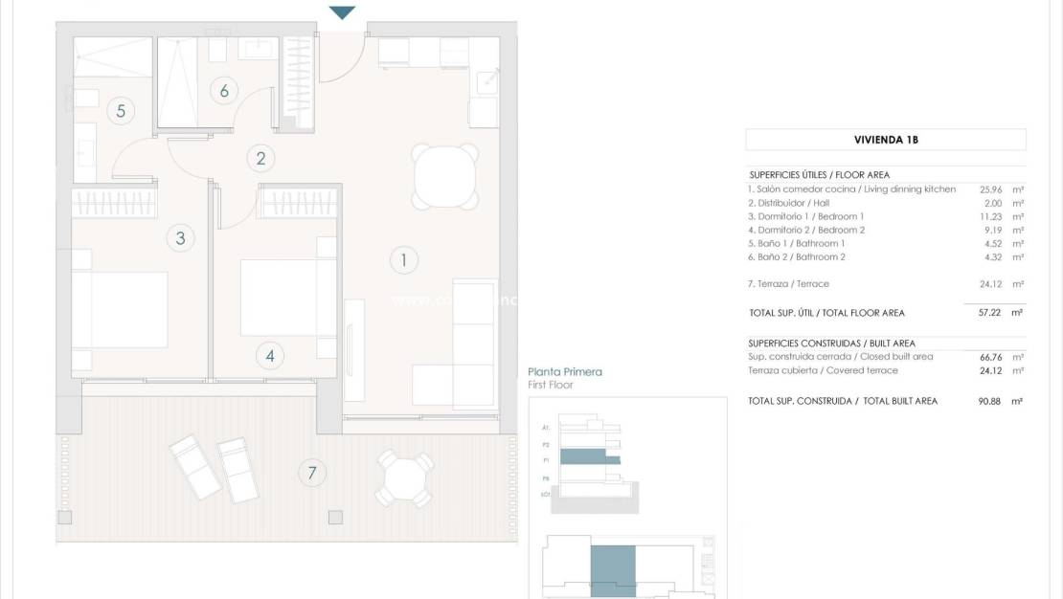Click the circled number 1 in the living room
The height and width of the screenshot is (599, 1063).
point(404,258)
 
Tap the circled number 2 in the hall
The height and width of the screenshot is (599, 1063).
point(260,159)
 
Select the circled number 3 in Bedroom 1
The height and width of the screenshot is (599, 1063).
point(180,238)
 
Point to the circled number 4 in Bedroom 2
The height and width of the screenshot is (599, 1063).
point(270,356)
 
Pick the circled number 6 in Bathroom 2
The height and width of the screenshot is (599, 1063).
point(224,91)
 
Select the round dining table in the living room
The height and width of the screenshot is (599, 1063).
point(444,176)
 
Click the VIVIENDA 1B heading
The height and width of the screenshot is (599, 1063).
point(886,140)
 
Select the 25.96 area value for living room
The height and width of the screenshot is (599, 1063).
point(990,189)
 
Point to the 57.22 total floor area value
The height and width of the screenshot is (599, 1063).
point(990,313)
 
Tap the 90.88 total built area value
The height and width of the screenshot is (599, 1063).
point(990,401)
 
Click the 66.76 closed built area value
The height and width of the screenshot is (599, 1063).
point(990,357)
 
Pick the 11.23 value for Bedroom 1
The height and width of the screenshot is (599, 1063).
point(990,216)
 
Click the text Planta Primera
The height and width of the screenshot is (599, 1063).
point(565,372)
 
